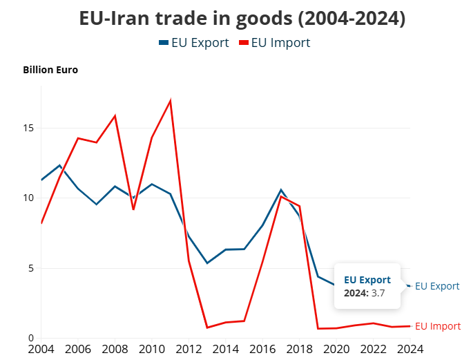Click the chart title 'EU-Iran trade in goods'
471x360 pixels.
point(241,19)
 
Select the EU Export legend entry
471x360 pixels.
point(194,43)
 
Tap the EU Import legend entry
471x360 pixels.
point(274,43)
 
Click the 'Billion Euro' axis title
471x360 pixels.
point(50,70)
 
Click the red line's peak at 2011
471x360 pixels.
point(170,101)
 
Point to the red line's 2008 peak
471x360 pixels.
point(115,115)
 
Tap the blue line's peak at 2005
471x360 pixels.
point(60,165)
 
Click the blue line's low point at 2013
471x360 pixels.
point(207,263)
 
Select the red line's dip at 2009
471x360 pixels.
point(133,209)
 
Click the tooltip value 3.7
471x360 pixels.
point(377,294)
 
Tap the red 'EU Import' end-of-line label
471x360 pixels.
point(437,326)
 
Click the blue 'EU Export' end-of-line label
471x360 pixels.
point(437,286)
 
